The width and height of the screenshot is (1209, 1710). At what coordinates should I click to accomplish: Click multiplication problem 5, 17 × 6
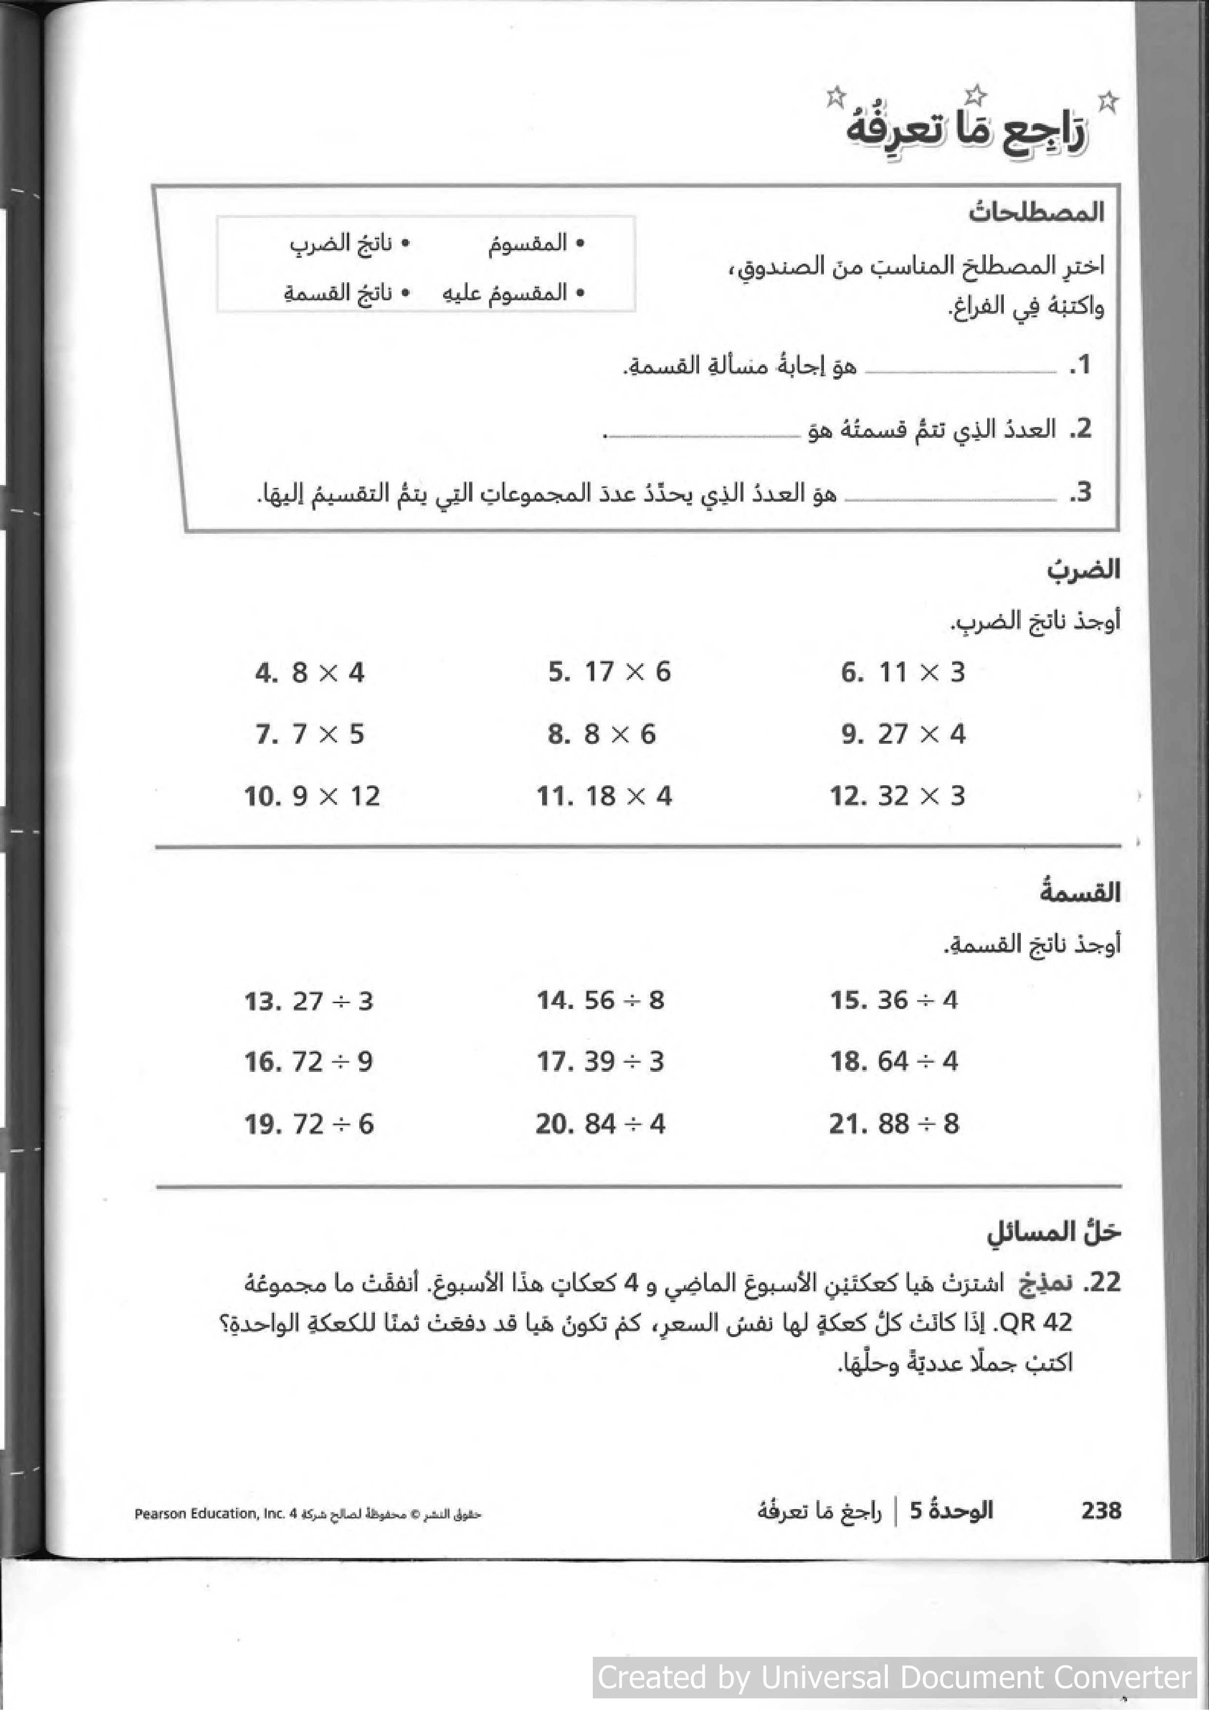pos(609,672)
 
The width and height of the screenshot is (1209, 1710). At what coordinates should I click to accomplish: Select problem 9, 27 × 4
pos(903,734)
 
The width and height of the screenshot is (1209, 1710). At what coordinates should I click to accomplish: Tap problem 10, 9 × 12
pos(312,796)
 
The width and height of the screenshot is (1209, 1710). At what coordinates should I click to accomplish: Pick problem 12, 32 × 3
pos(897,796)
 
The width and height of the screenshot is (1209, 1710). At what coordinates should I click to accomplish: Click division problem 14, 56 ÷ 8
pos(601,1000)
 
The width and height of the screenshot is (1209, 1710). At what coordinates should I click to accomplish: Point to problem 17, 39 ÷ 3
pos(601,1061)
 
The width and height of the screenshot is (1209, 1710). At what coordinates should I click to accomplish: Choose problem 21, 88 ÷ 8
pos(894,1124)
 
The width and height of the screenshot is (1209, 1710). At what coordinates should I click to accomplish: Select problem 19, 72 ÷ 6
pos(309,1124)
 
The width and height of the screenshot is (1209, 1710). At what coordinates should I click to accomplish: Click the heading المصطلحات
pos(1035,212)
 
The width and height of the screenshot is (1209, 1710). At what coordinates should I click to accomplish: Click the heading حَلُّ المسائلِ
pos(1053,1233)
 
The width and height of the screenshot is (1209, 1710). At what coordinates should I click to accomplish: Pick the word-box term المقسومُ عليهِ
pos(512,292)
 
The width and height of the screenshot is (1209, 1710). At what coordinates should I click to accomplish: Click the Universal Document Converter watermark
pos(894,1677)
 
